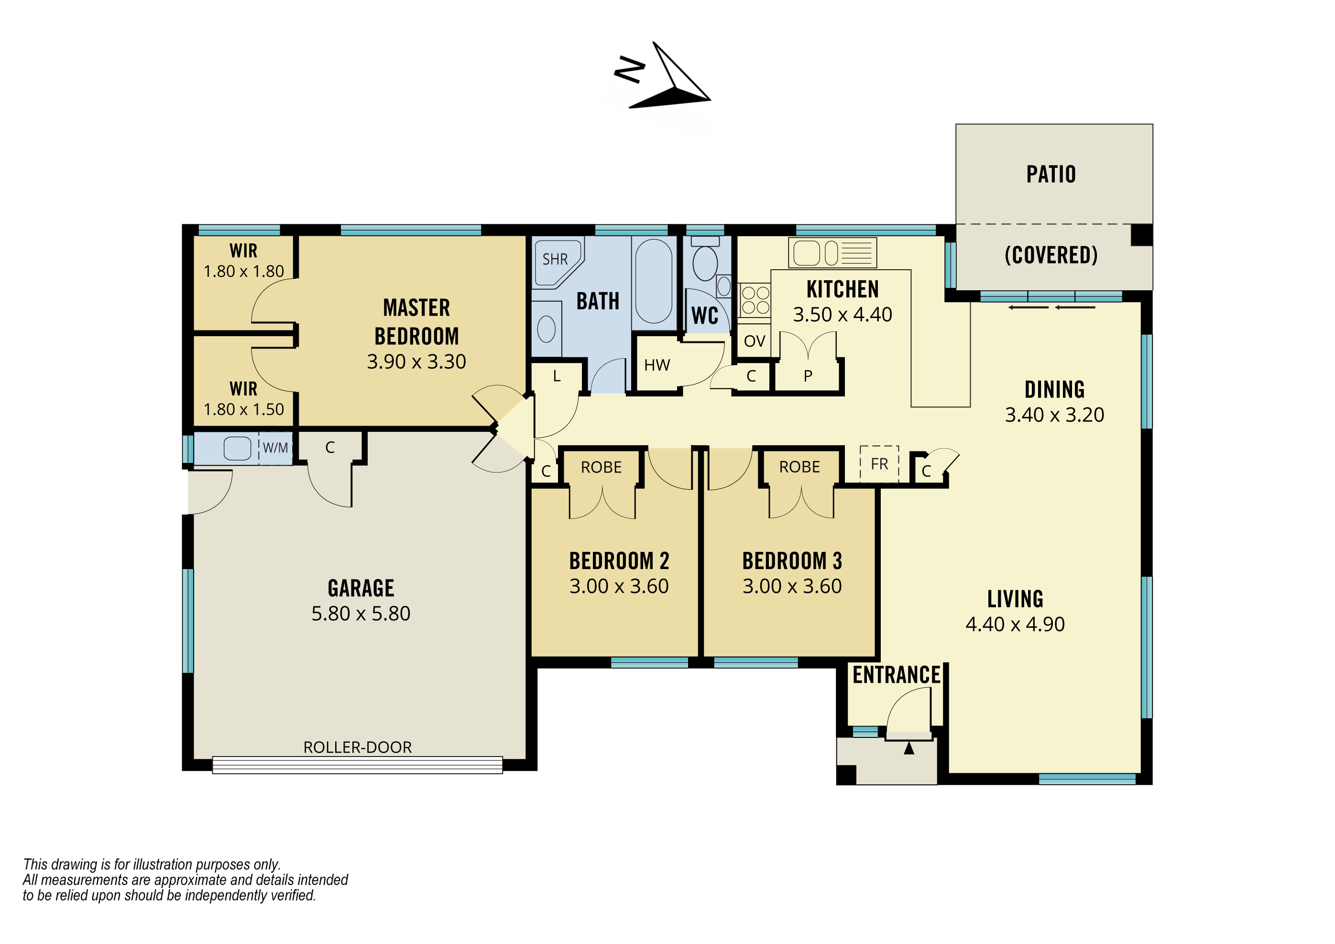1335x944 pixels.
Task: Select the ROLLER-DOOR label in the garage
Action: tap(358, 747)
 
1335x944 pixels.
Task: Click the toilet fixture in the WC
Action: tap(705, 259)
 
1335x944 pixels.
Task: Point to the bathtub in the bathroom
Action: tap(654, 281)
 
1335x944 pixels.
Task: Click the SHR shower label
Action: tap(555, 259)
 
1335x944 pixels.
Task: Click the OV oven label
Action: tap(755, 341)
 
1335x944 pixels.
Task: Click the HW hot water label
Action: tap(657, 365)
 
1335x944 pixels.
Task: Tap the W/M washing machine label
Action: tap(275, 448)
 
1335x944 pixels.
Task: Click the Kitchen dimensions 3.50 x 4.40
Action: tap(843, 315)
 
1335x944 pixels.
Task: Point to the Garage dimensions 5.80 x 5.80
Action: tap(361, 614)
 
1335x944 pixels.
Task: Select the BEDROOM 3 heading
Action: tap(792, 561)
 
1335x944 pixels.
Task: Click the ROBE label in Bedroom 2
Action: tap(601, 468)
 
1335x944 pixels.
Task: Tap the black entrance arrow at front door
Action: tap(909, 748)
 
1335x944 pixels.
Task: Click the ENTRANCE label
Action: tap(897, 675)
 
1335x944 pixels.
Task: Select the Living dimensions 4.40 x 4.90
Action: tap(1015, 624)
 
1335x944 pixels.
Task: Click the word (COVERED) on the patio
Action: tap(1051, 255)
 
